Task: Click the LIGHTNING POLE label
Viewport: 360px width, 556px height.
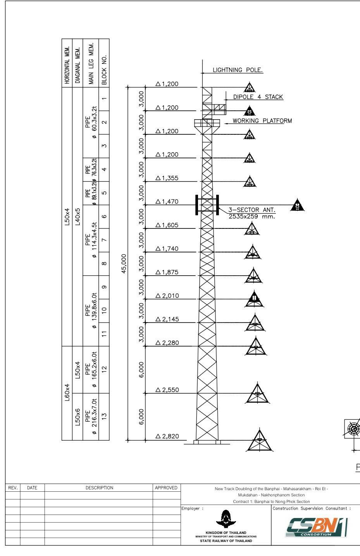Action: click(238, 70)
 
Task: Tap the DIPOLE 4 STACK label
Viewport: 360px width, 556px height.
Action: click(258, 97)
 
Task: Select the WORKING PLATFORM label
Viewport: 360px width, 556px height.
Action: click(262, 121)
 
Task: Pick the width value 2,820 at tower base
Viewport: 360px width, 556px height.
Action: click(167, 436)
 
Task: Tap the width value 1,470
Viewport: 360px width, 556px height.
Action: click(167, 201)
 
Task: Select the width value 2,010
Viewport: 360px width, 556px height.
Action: click(167, 296)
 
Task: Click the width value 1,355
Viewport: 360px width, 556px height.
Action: click(167, 178)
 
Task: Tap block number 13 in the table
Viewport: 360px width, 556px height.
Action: click(104, 416)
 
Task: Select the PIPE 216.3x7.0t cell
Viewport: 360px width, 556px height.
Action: click(91, 416)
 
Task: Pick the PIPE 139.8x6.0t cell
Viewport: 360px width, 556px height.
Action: click(91, 311)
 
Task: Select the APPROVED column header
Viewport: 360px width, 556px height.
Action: click(166, 488)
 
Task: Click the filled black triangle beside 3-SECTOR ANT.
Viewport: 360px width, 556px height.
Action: click(297, 205)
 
